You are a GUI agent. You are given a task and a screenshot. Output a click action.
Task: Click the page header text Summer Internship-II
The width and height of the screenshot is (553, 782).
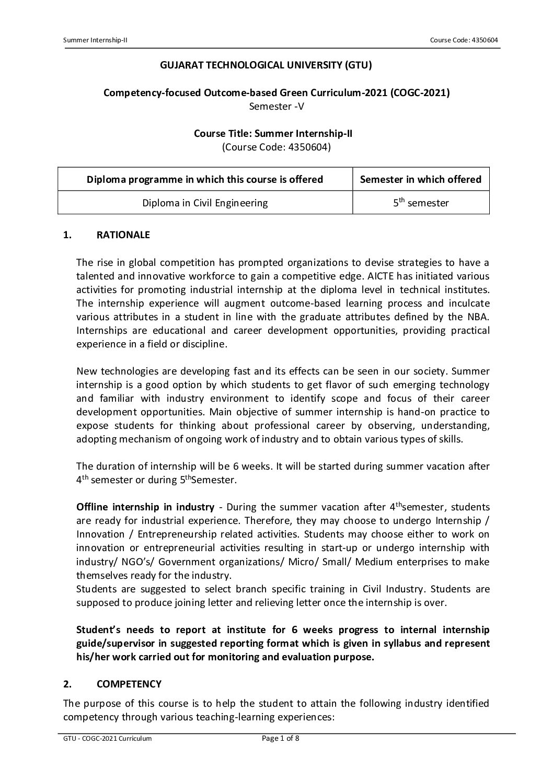click(95, 40)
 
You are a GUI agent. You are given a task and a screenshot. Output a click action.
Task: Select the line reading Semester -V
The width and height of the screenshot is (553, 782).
click(276, 107)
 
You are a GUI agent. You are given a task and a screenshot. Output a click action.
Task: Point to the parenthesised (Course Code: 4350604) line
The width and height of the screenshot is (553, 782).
click(276, 147)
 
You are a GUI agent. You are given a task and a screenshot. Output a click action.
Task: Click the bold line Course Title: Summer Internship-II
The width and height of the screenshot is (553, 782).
click(273, 133)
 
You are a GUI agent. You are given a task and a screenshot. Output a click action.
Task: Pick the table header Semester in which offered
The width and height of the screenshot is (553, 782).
click(421, 180)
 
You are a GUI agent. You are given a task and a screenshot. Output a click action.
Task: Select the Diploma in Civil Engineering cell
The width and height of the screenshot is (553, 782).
click(205, 203)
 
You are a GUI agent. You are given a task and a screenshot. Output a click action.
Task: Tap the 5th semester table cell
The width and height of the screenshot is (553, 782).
click(421, 203)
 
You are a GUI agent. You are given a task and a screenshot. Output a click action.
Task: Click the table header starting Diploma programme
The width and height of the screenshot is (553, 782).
click(205, 180)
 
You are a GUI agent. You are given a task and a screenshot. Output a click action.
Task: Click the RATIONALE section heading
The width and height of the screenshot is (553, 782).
click(123, 235)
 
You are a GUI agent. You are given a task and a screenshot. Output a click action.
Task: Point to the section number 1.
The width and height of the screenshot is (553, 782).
click(66, 235)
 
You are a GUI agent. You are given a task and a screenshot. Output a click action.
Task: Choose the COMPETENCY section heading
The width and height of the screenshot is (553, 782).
click(129, 684)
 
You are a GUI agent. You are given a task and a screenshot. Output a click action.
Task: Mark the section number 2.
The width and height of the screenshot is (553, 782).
click(66, 684)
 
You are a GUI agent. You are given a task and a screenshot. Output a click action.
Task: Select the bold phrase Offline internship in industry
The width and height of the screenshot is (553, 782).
click(145, 507)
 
